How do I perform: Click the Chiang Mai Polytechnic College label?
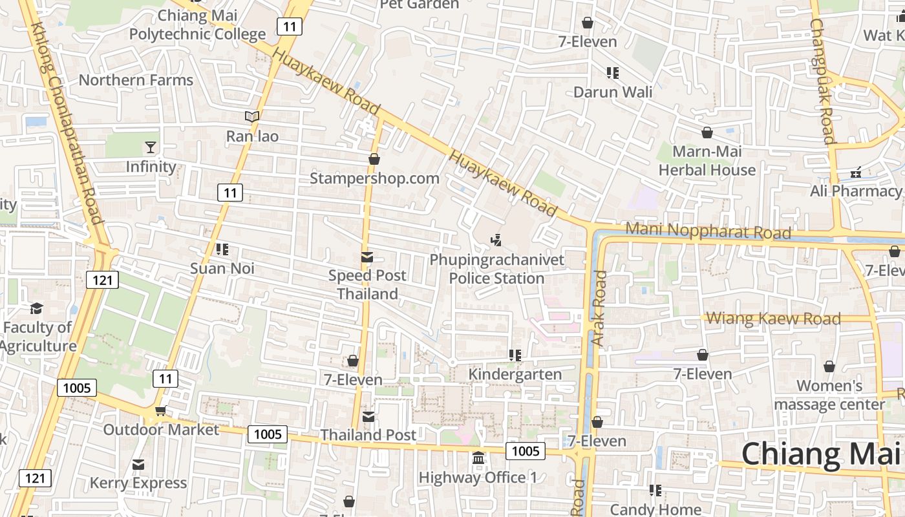[x=197, y=25]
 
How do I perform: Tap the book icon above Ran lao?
[x=251, y=117]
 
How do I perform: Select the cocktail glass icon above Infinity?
[x=151, y=147]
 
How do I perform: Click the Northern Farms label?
[x=136, y=80]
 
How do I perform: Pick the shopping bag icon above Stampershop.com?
[x=374, y=159]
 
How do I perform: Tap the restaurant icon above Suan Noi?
[x=222, y=249]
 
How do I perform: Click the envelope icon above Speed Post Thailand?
[x=367, y=257]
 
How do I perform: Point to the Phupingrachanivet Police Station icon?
[x=496, y=241]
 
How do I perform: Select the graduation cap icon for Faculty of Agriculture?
[x=37, y=309]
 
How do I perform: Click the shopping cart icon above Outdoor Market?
[x=160, y=411]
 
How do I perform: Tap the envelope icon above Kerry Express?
[x=138, y=465]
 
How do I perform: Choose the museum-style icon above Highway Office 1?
[x=478, y=458]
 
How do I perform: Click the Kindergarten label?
[x=515, y=374]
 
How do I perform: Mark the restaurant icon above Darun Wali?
[x=612, y=73]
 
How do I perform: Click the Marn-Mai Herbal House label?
[x=707, y=161]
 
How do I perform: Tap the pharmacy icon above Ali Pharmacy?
[x=856, y=173]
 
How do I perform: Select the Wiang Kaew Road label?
[x=773, y=318]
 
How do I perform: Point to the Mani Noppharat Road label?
[x=708, y=231]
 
